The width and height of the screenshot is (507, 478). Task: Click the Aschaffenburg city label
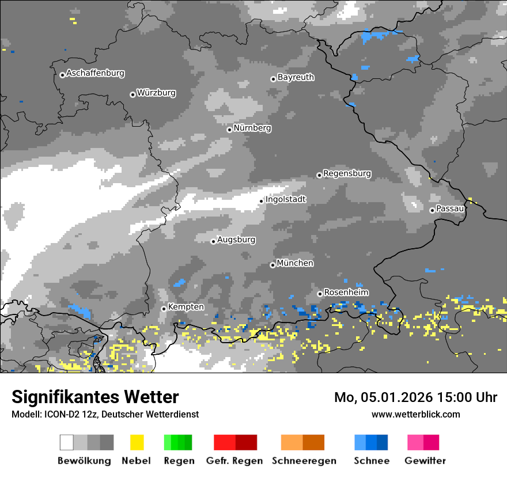point(95,73)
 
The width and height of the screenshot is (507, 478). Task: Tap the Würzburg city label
point(156,93)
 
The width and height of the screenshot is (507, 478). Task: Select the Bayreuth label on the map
point(296,77)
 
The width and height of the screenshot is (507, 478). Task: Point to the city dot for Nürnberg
point(229,130)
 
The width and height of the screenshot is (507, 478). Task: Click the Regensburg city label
point(347,173)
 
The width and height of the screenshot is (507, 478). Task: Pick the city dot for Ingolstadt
point(261,201)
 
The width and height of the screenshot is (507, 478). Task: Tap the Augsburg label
point(236,240)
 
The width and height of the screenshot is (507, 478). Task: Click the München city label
point(295,263)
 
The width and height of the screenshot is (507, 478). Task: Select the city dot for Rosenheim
point(320,294)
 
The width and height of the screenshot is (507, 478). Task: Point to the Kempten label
point(186,307)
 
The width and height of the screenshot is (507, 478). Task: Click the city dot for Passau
point(432,210)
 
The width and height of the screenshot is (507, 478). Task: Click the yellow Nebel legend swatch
point(137,442)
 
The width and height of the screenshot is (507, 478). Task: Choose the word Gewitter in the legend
point(425,461)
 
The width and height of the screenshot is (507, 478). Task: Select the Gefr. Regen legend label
point(234,461)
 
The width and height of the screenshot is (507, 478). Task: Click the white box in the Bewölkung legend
point(67,442)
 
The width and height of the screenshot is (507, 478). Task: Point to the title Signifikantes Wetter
point(95,397)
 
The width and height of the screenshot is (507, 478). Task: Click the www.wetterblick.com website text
point(415,414)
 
